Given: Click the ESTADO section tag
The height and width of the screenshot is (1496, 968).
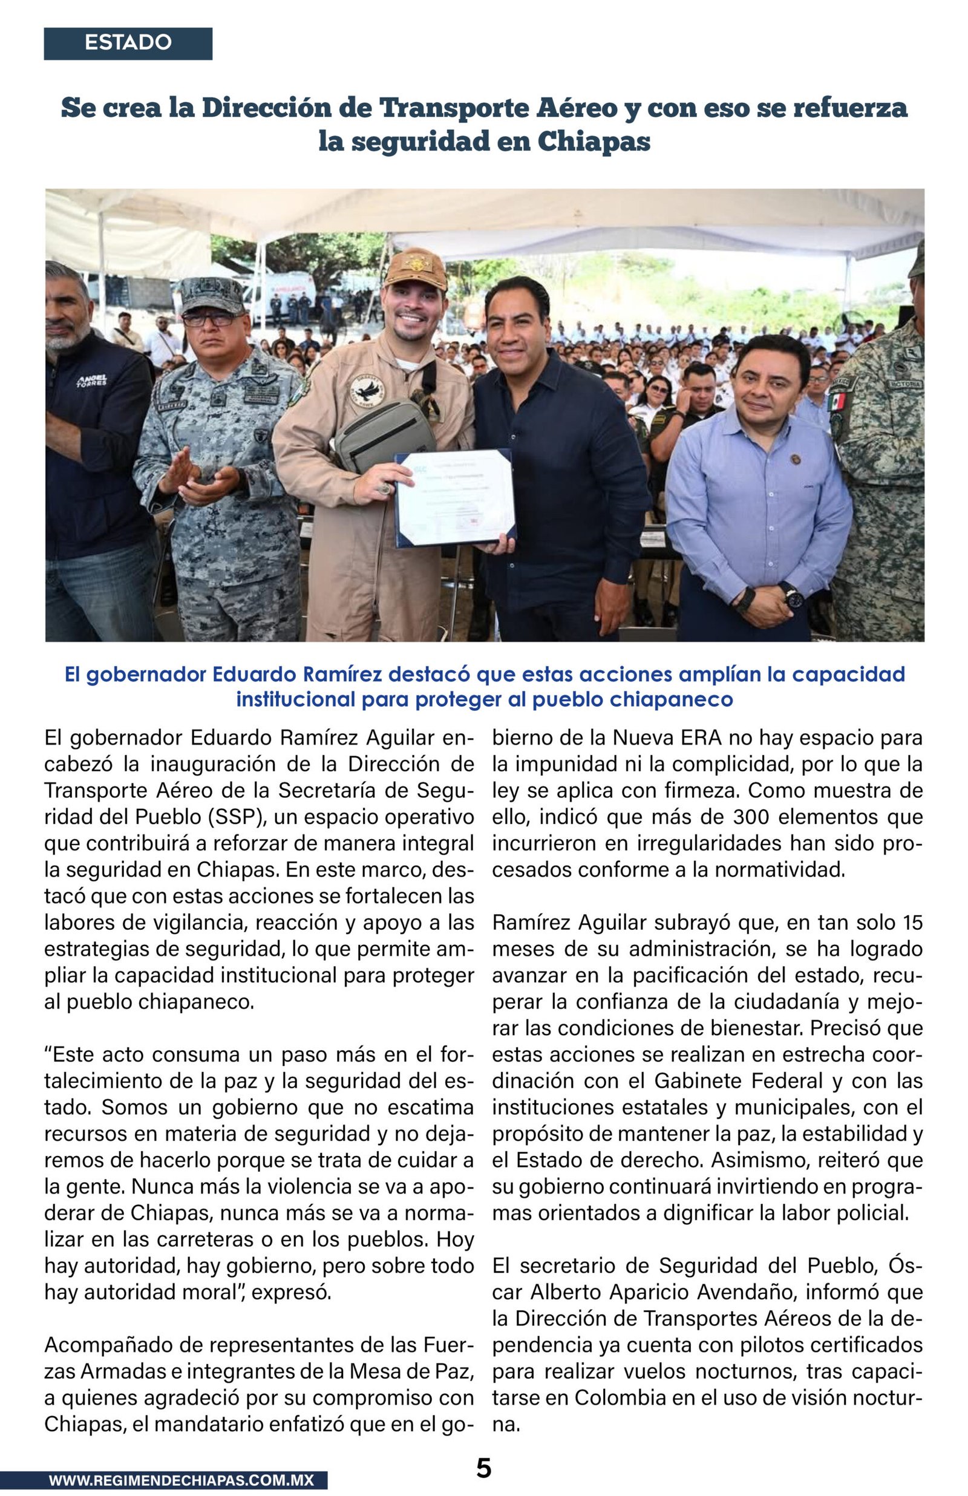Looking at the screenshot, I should tap(128, 43).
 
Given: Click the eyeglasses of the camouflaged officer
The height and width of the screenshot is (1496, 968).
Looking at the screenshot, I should tap(210, 319).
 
